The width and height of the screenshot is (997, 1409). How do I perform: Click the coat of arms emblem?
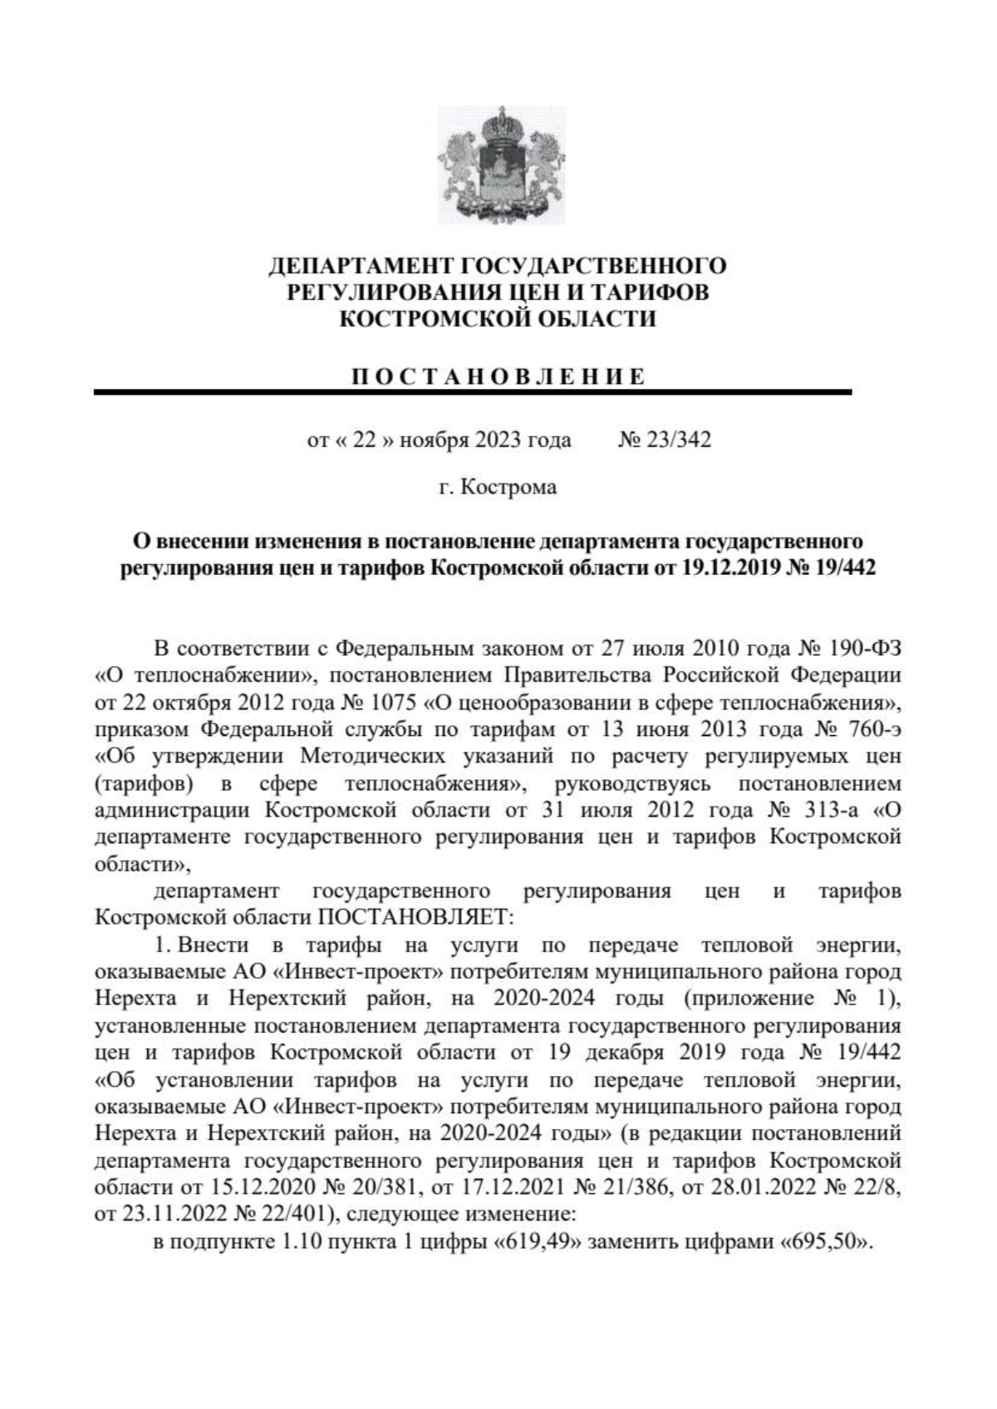coord(501,165)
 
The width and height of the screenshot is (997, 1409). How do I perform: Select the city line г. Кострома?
coord(498,487)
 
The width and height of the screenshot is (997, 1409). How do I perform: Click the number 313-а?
coord(832,810)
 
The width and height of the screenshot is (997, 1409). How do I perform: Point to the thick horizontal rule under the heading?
coord(473,392)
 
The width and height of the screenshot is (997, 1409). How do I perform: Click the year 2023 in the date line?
coord(498,439)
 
